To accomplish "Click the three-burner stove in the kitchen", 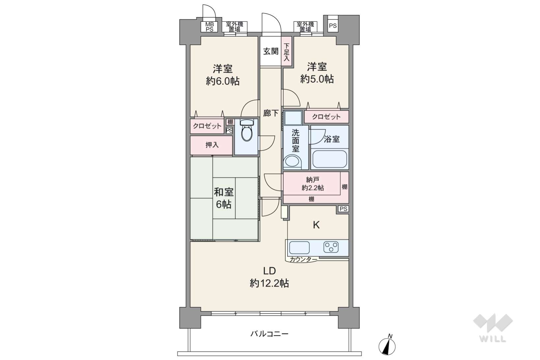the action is [331, 247].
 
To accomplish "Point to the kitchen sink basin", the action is [299, 247].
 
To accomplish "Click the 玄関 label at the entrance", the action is [271, 51].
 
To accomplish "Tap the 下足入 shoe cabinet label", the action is [286, 52].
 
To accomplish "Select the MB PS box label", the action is [210, 27].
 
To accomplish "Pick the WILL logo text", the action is [493, 339].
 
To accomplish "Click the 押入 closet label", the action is [212, 145].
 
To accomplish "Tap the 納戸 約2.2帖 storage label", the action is [313, 183].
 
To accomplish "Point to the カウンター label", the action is [303, 260].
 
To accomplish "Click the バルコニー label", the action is [269, 334].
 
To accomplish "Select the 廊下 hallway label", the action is [271, 113].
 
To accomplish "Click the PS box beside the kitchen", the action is [343, 209].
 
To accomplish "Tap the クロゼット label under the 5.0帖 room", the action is [326, 117].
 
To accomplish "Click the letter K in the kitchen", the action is [316, 225].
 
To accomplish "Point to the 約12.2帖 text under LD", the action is [269, 283].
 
